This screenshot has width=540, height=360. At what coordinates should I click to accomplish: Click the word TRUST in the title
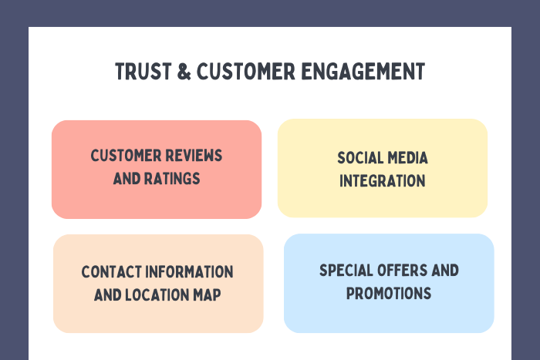[143, 72]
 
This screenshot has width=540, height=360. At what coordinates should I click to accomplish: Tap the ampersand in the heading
[184, 72]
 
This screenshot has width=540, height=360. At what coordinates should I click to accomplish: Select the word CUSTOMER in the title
[246, 72]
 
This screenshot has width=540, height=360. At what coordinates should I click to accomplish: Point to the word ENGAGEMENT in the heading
[363, 72]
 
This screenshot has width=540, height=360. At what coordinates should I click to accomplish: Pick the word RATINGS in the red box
[172, 179]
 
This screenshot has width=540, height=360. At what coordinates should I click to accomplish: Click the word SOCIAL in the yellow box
[360, 158]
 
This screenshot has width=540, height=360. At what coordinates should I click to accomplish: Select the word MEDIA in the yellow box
[408, 158]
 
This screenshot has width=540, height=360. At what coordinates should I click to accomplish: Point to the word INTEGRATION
[383, 181]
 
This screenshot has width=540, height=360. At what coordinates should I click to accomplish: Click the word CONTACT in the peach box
[111, 272]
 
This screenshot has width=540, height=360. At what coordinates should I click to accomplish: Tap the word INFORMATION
[190, 272]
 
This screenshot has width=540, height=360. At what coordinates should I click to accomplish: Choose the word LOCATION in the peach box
[157, 295]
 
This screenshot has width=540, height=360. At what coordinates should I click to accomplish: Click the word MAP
[207, 295]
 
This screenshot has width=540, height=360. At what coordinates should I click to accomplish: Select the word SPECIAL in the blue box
[346, 271]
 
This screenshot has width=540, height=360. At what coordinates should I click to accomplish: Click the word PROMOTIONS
[389, 294]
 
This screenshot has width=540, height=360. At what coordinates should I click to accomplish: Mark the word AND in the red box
[127, 179]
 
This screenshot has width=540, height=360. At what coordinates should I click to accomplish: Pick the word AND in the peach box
[107, 295]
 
